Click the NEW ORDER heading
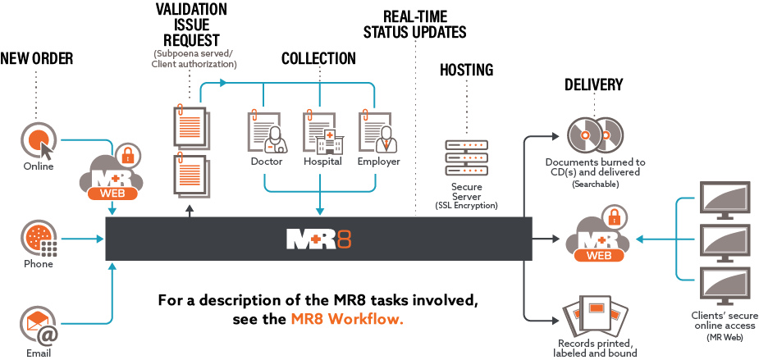click(x=37, y=58)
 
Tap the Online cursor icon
click(x=38, y=140)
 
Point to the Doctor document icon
click(x=267, y=131)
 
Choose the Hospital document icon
click(x=322, y=131)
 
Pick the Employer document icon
click(x=377, y=131)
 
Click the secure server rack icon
click(x=466, y=158)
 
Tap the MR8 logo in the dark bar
click(x=318, y=239)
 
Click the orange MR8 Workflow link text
click(x=347, y=319)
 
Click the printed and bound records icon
click(x=595, y=319)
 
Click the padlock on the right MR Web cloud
click(x=611, y=217)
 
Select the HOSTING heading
click(x=466, y=71)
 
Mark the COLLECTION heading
click(x=318, y=59)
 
